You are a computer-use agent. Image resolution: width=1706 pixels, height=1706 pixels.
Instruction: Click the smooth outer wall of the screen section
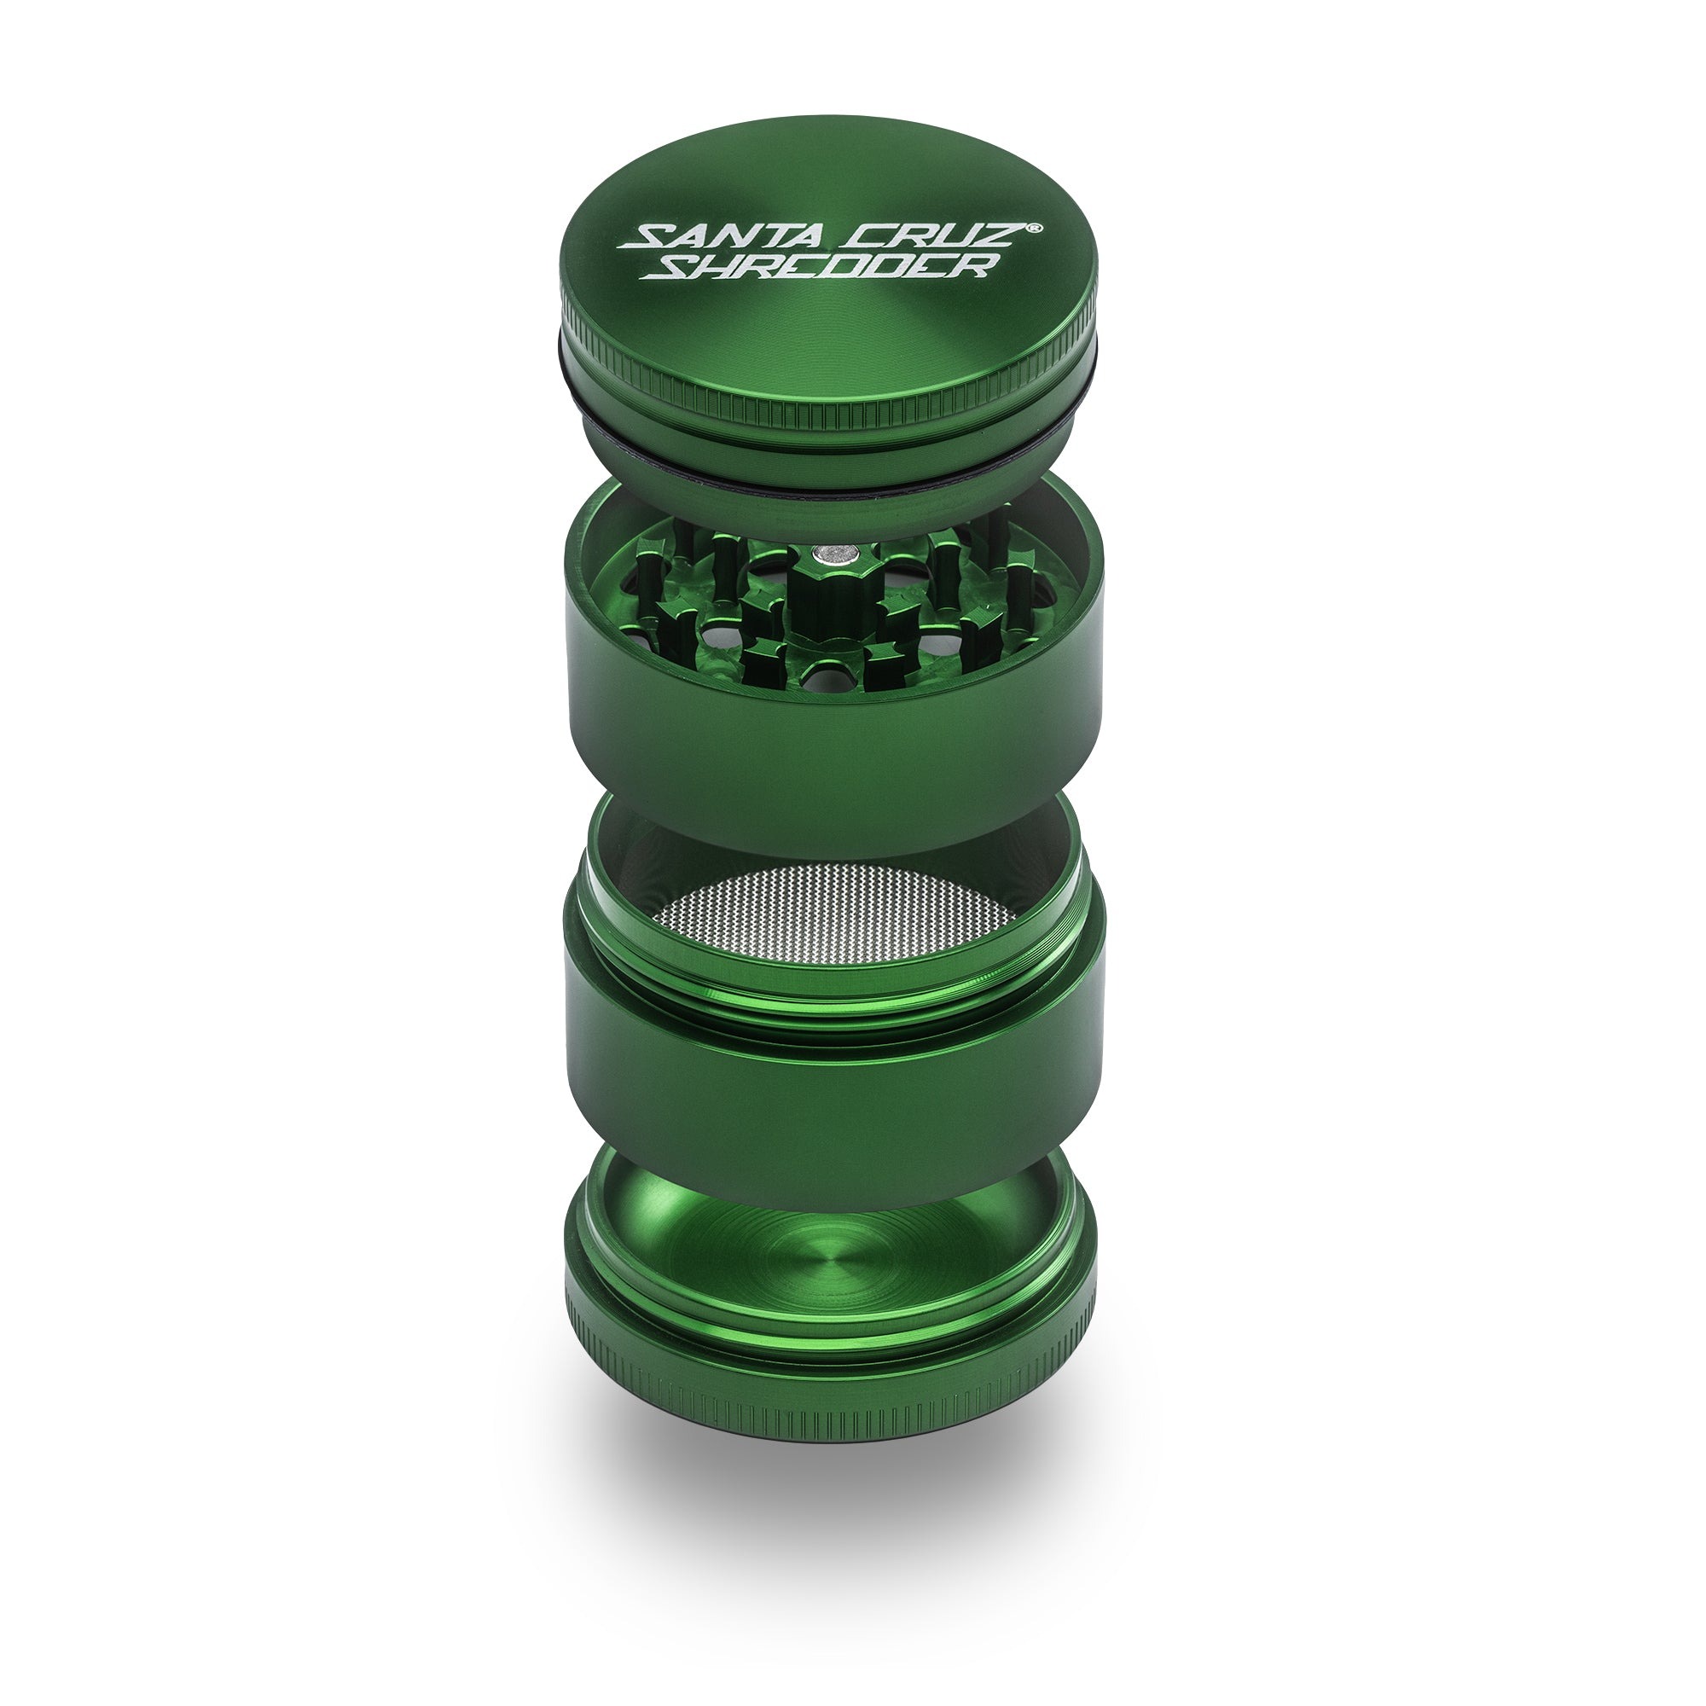click(830, 1104)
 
